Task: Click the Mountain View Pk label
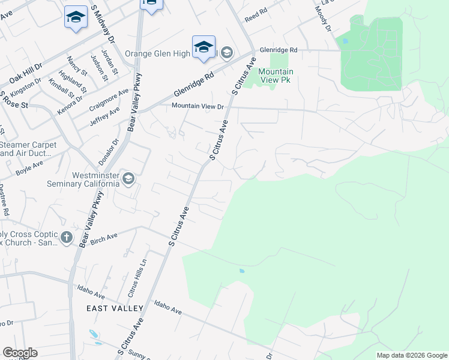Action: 275,75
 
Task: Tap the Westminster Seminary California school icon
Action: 128,178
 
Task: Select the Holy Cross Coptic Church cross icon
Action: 66,238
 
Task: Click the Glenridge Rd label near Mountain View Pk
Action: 278,50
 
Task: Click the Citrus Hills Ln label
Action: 137,282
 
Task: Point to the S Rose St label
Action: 14,100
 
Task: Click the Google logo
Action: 20,353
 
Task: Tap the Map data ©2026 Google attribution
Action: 411,355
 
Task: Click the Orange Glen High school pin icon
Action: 203,46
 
